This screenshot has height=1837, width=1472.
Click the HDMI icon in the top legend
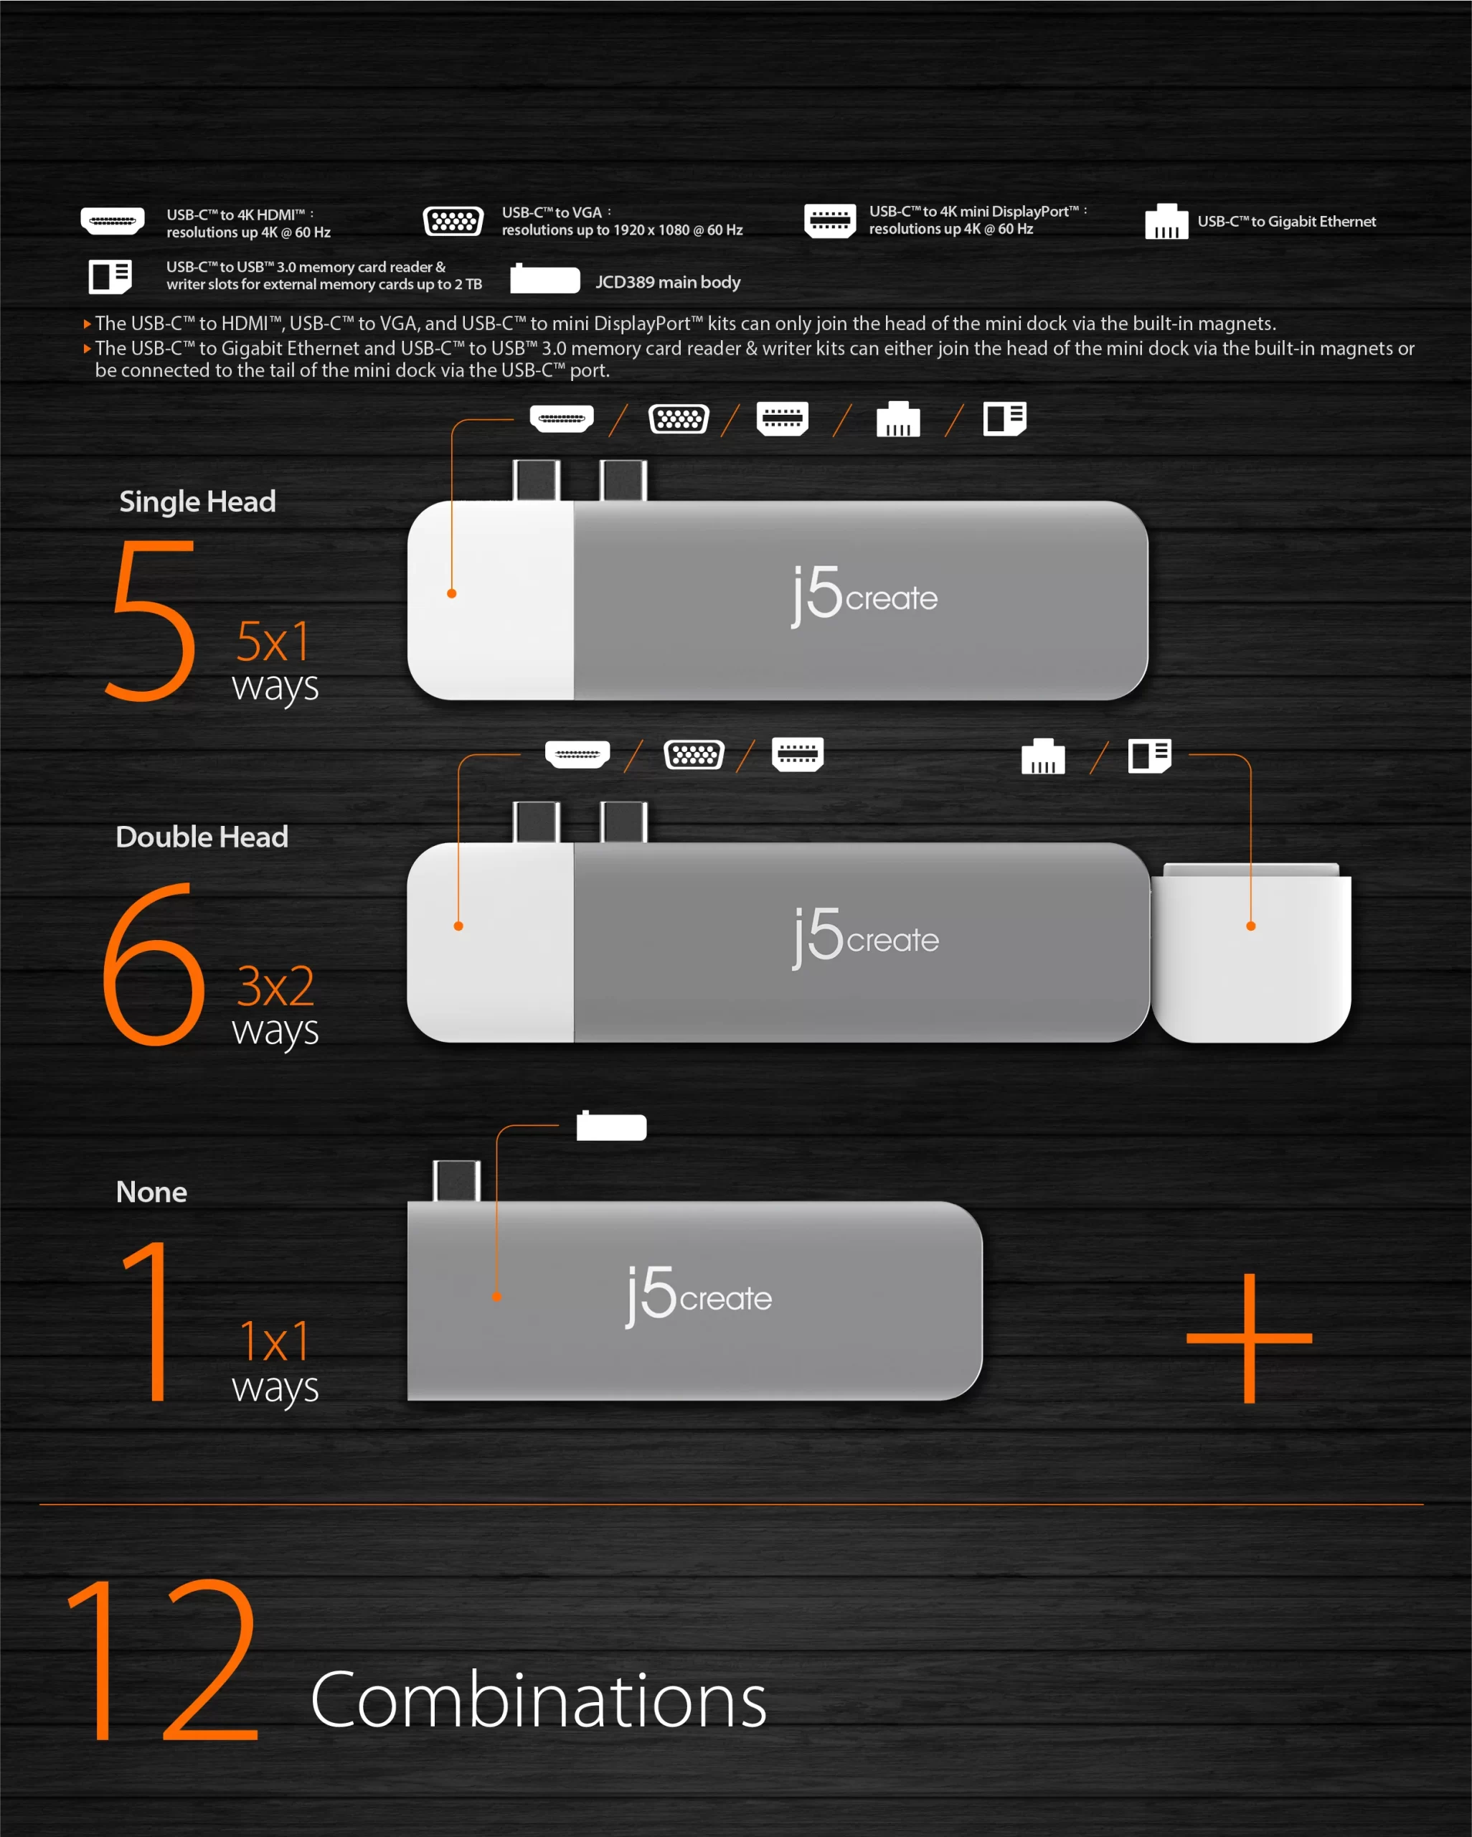(113, 221)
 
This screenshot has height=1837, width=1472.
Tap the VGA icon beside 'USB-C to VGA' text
(453, 222)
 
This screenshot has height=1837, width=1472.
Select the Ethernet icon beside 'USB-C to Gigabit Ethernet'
(1166, 222)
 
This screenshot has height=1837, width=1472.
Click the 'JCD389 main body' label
(668, 282)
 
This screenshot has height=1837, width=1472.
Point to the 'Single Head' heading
(198, 501)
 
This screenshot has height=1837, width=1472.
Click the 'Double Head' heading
(202, 837)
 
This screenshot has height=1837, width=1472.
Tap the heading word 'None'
(151, 1191)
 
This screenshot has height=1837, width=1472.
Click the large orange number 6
(154, 964)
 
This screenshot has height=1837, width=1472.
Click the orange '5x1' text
(273, 641)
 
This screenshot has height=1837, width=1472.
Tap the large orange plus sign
(1250, 1338)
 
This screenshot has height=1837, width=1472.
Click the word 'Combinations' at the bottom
(538, 1700)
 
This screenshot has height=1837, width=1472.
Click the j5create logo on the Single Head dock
(864, 596)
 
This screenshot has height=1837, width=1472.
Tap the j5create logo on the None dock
(699, 1296)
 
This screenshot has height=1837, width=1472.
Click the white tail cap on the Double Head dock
(1251, 952)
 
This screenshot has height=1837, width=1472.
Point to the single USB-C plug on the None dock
(456, 1181)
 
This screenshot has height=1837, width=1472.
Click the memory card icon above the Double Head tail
(1150, 755)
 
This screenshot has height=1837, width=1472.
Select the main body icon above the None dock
(612, 1126)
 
